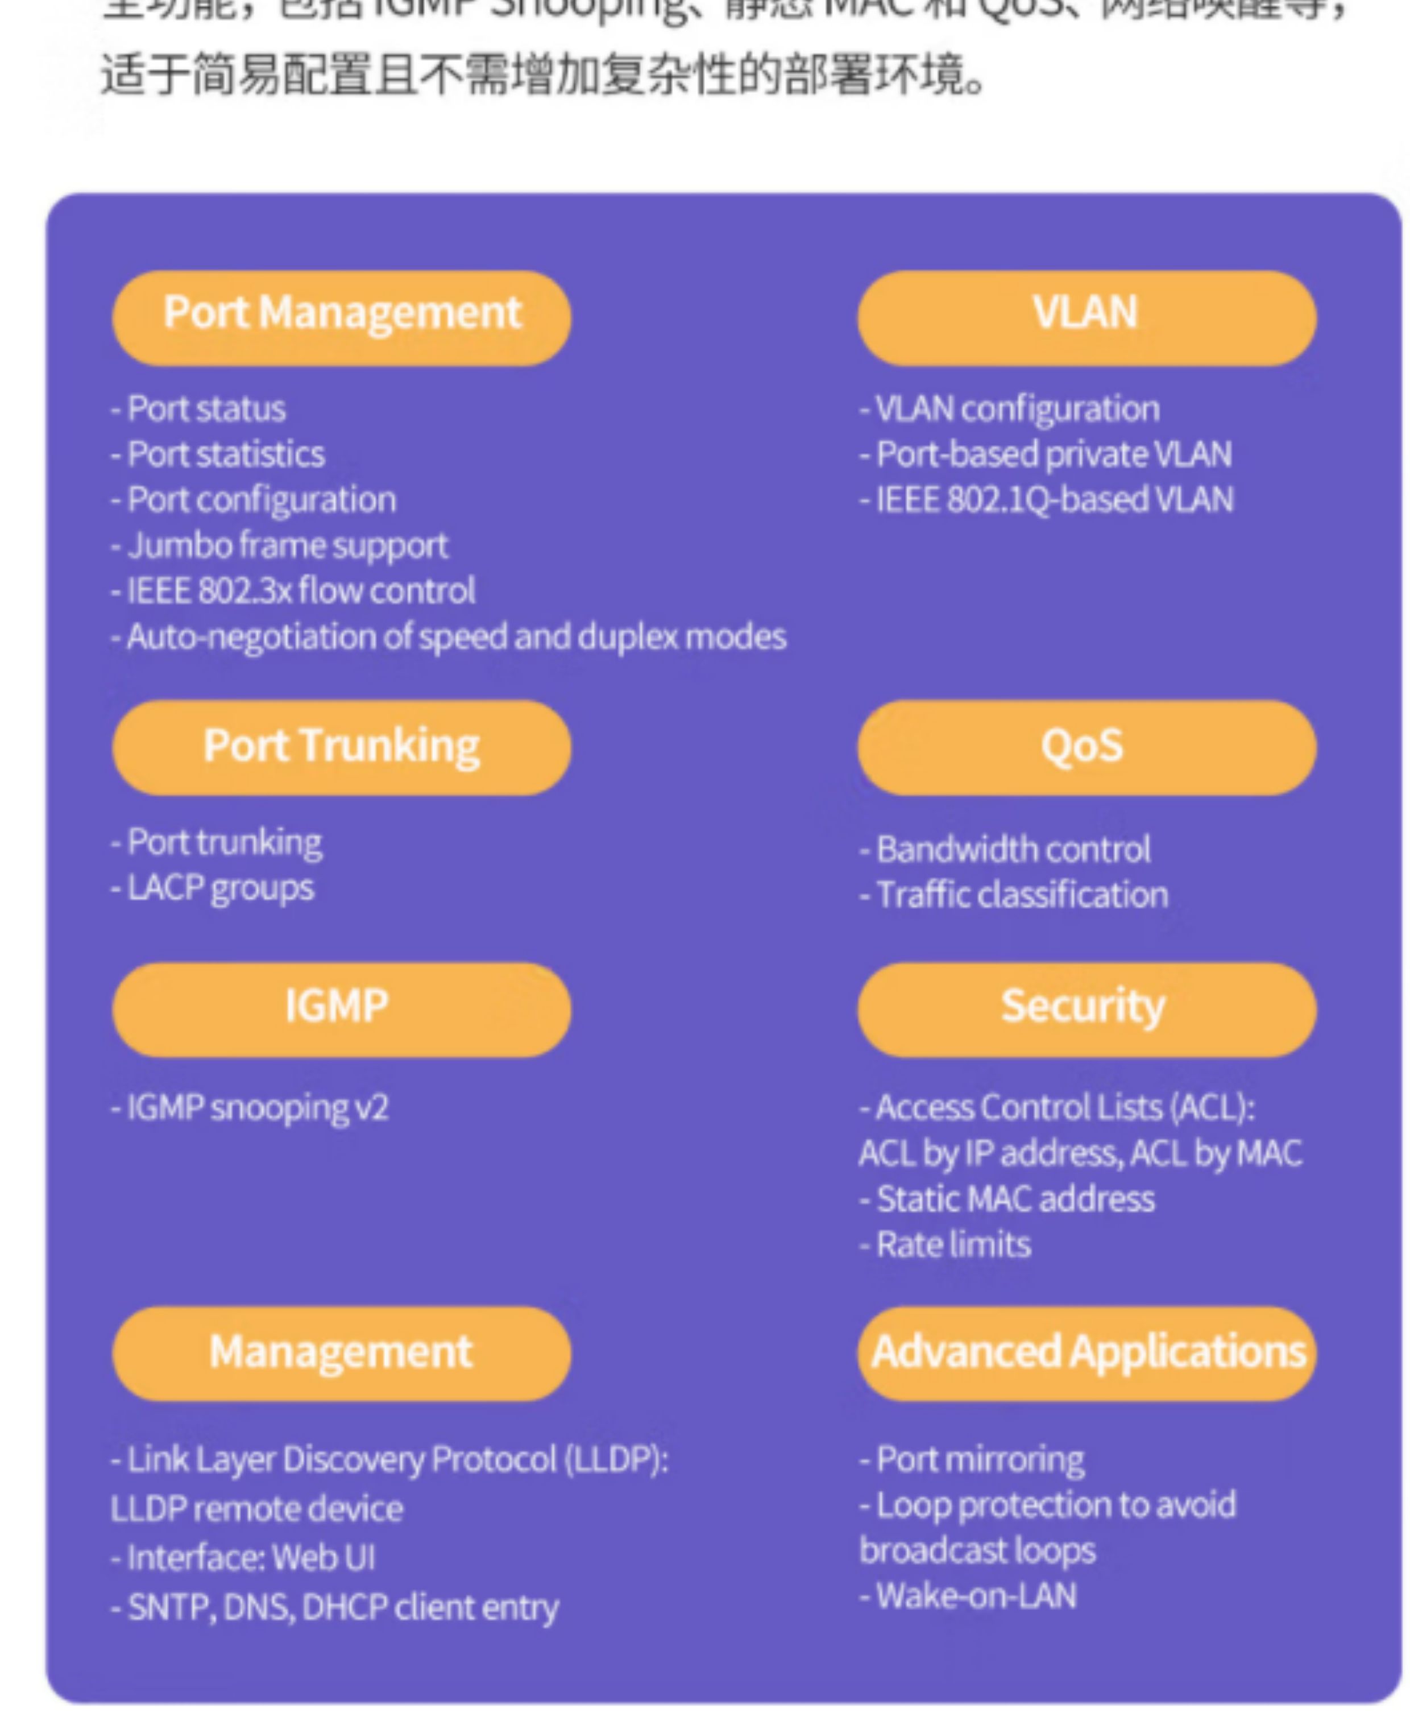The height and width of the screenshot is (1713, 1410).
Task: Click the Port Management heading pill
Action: coord(341,317)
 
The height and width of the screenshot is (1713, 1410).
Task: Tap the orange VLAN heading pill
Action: coord(1086,317)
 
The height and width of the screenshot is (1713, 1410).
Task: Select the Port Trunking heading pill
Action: coord(341,747)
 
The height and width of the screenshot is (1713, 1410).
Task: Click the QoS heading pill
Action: coord(1086,747)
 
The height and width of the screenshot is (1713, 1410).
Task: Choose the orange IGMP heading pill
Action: coord(341,1009)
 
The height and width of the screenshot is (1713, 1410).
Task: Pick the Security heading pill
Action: coord(1086,1009)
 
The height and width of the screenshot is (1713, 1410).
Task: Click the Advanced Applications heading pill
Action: coord(1086,1353)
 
